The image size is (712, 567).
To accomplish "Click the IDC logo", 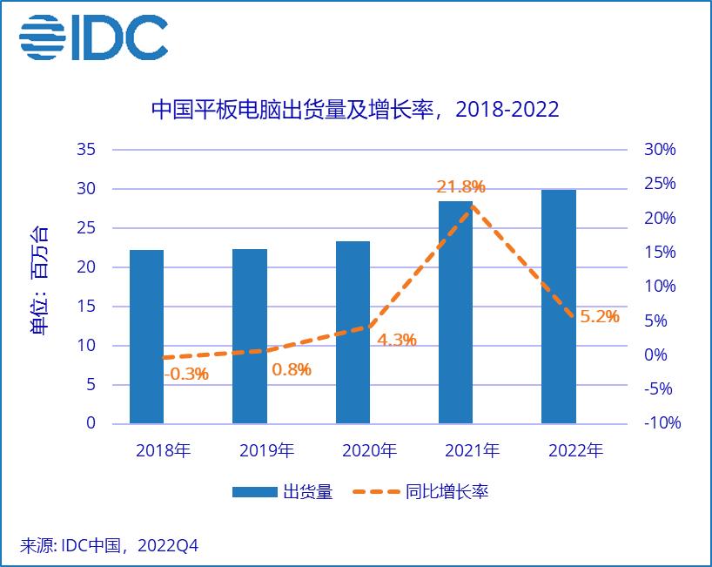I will [x=93, y=38].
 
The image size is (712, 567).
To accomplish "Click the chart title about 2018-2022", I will [x=355, y=110].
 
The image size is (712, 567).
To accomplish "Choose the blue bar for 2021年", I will [x=455, y=313].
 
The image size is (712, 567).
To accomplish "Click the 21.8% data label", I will [x=460, y=187].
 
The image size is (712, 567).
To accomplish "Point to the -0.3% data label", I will [x=186, y=374].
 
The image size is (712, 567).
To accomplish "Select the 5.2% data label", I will [x=599, y=317].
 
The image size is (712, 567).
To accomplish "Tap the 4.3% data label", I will [x=396, y=340].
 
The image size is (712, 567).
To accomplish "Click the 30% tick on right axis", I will [x=659, y=150].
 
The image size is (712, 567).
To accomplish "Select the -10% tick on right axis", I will [x=662, y=423].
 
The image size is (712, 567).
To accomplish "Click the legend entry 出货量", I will [x=282, y=492].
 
